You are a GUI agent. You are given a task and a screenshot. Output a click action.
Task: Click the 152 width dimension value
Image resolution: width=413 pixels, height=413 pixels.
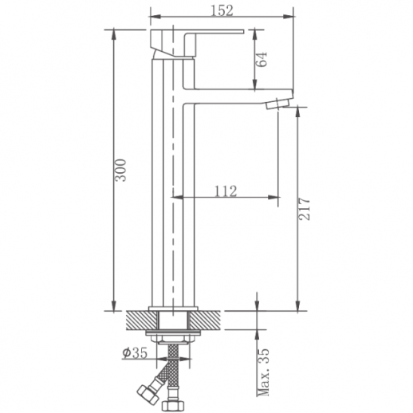click(x=222, y=10)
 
